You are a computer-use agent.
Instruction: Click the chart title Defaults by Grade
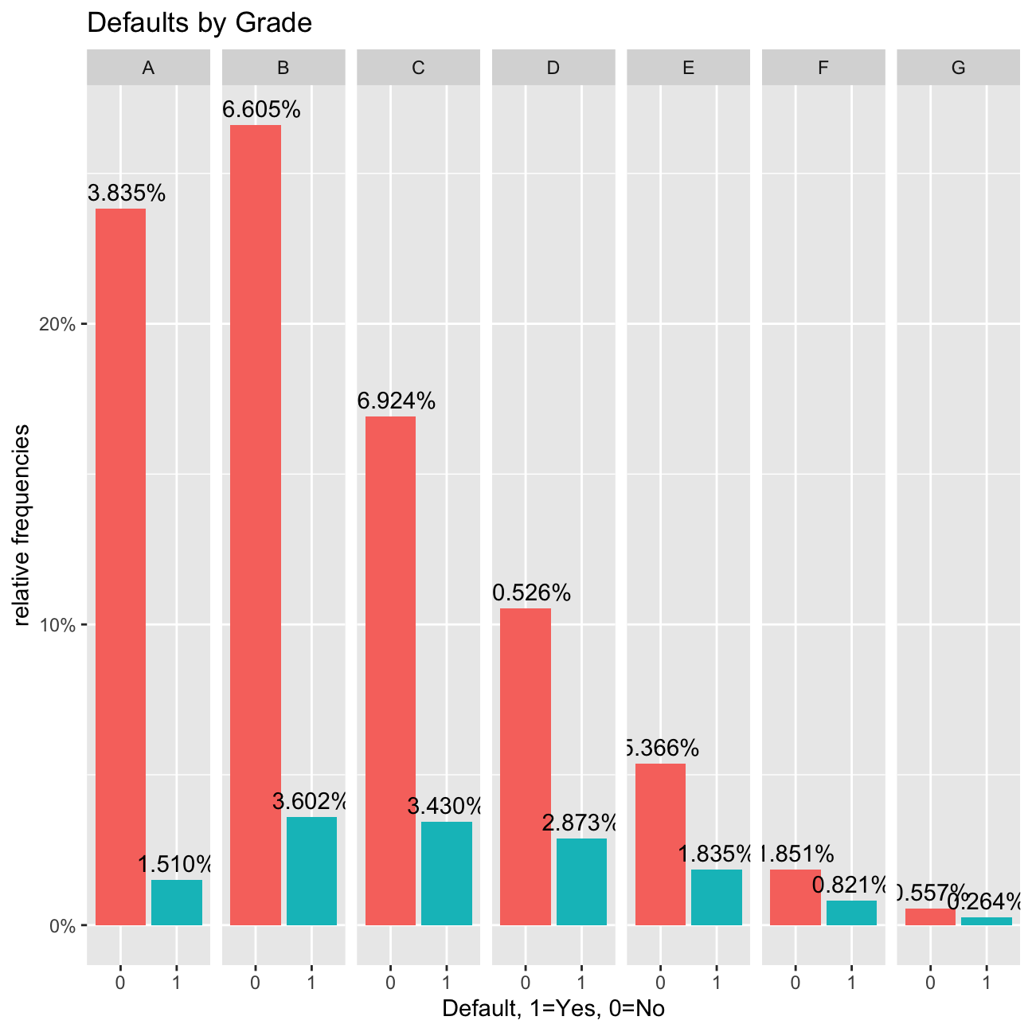[x=199, y=23]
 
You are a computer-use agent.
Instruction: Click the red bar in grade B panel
[x=256, y=526]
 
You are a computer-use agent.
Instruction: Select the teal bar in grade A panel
[x=177, y=902]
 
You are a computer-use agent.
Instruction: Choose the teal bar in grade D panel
[x=581, y=881]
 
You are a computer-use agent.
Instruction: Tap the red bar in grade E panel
[x=660, y=844]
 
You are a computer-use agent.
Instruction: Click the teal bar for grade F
[x=851, y=913]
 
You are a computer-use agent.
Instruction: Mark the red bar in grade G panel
[x=930, y=917]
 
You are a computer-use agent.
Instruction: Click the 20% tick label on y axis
[x=57, y=325]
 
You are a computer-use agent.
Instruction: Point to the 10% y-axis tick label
[x=57, y=625]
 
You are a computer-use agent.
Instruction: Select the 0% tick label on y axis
[x=62, y=926]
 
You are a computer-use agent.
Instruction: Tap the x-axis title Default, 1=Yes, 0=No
[x=553, y=1009]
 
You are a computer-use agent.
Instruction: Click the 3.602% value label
[x=311, y=801]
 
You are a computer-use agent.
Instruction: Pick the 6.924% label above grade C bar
[x=397, y=401]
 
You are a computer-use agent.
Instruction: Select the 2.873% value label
[x=581, y=823]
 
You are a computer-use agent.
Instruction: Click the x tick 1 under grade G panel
[x=987, y=983]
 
